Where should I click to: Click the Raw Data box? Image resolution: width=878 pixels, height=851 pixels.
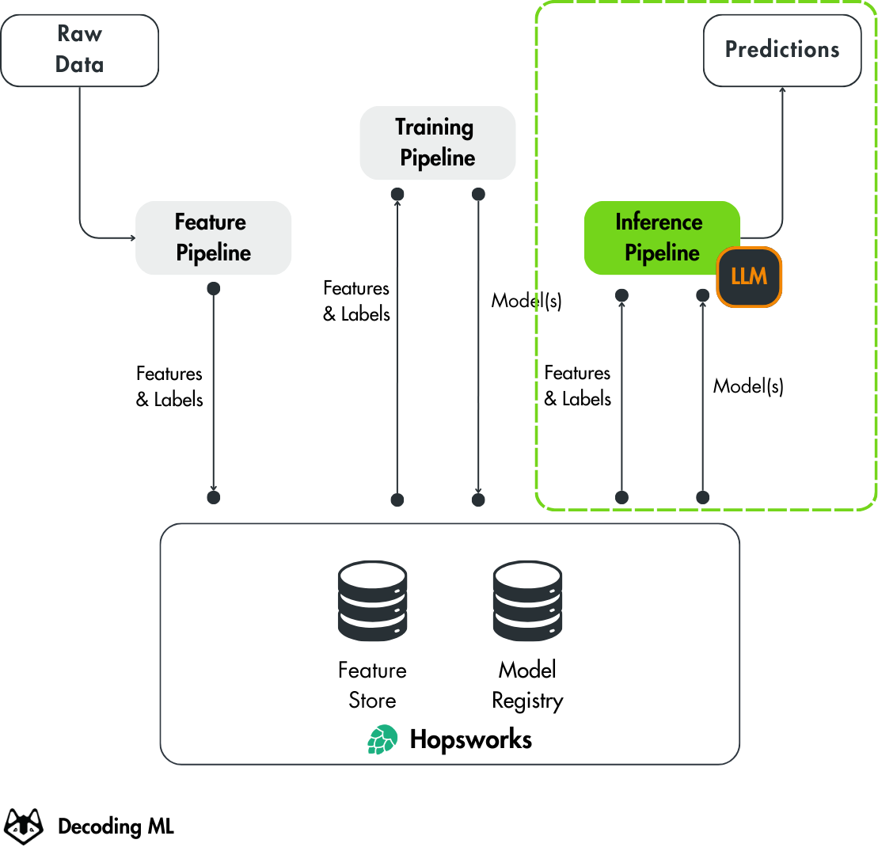coord(79,50)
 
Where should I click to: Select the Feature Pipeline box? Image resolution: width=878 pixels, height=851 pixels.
coord(213,237)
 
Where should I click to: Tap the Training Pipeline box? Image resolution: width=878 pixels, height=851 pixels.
coord(437,142)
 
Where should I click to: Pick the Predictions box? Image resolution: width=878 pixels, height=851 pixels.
coord(782,50)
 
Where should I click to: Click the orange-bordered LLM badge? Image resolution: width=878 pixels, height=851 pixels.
coord(749,277)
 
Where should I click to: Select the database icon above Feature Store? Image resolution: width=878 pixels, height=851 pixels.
coord(372,602)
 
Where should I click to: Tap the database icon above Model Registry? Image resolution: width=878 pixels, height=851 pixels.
coord(527,602)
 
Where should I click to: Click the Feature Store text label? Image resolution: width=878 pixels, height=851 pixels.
coord(372,686)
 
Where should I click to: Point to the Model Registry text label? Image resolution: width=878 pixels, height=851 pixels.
coord(527,686)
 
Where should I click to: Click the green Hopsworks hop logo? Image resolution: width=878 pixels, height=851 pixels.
coord(382,740)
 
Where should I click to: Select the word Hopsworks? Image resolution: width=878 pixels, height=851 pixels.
coord(470,740)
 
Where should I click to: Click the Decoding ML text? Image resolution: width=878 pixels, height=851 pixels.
coord(116,827)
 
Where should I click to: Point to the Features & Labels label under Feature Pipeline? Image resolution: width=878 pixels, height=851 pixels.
coord(169,386)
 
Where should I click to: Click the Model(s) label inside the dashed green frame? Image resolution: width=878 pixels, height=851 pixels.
coord(748,386)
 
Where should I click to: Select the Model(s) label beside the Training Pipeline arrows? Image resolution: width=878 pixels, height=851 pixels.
coord(526,301)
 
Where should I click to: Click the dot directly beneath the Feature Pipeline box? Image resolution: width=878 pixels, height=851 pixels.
coord(213,288)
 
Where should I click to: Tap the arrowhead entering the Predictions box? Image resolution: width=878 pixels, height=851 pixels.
coord(782,91)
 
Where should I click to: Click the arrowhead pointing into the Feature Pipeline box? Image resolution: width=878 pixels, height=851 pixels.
coord(131,237)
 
